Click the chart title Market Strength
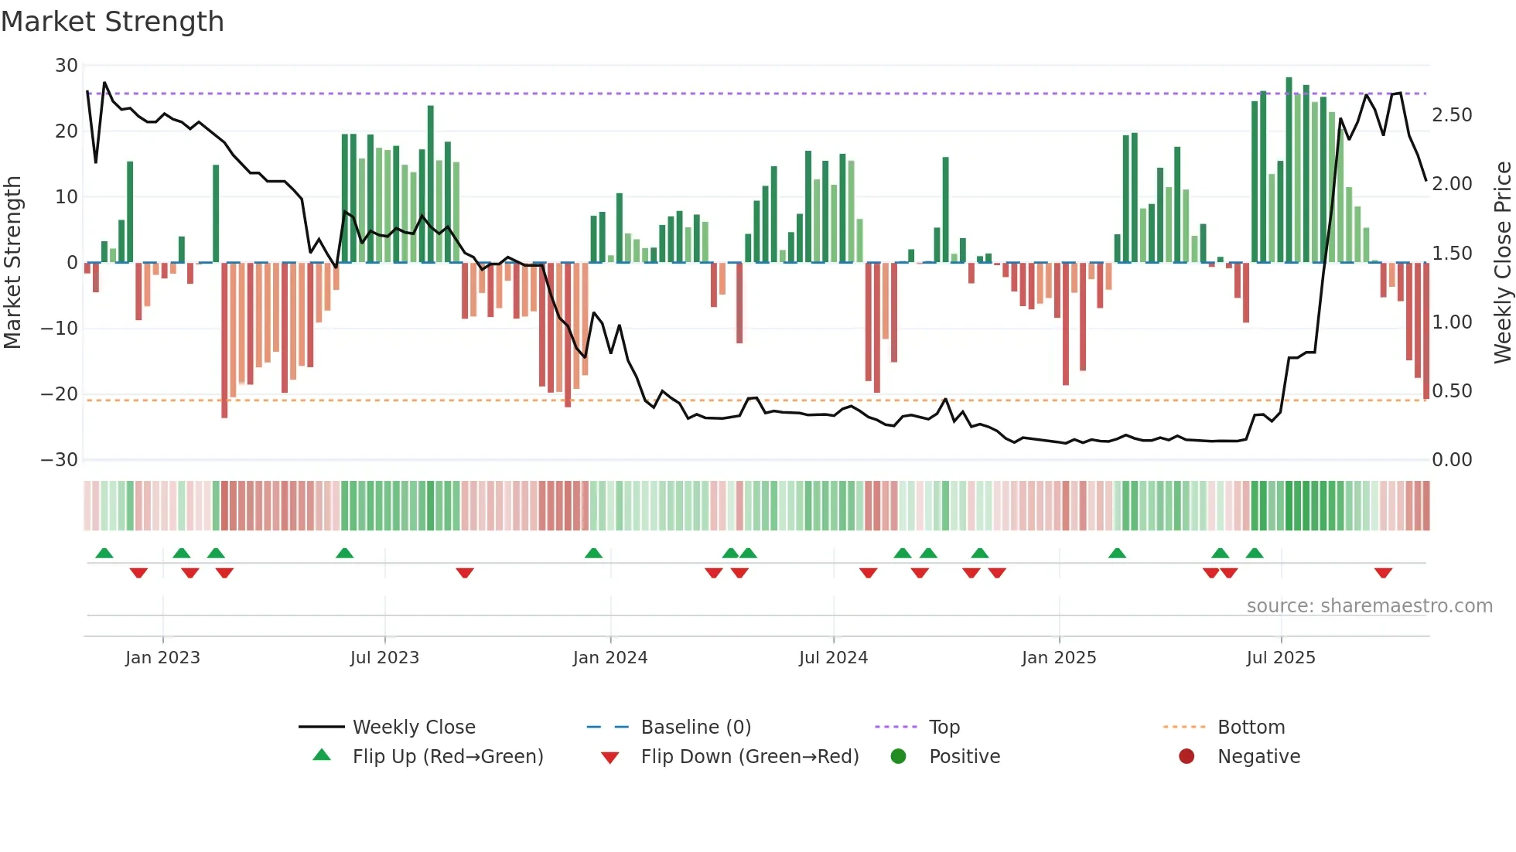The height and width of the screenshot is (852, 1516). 113,22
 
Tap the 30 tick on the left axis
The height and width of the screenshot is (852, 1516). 67,66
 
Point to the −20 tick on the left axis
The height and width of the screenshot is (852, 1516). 60,394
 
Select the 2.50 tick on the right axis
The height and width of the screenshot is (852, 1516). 1452,115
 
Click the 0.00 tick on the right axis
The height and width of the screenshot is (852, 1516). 1452,460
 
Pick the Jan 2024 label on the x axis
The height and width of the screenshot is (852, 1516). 610,658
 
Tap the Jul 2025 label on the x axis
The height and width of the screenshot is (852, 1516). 1281,658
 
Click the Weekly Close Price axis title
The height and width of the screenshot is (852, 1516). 1502,262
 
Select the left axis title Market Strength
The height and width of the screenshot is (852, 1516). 13,262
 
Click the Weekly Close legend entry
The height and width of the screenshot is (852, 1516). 414,728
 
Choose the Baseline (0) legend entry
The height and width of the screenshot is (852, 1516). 695,728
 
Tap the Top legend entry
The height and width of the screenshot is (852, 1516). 944,728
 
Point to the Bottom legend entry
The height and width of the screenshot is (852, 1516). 1251,728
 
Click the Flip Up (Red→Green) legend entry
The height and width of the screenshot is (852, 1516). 447,757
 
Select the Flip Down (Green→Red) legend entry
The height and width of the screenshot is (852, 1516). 749,757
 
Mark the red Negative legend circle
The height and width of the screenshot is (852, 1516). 1187,756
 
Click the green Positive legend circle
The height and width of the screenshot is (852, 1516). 898,756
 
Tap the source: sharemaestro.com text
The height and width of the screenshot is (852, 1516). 1369,606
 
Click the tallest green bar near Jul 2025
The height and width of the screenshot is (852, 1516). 1289,170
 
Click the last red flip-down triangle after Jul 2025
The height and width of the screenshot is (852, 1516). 1383,573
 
